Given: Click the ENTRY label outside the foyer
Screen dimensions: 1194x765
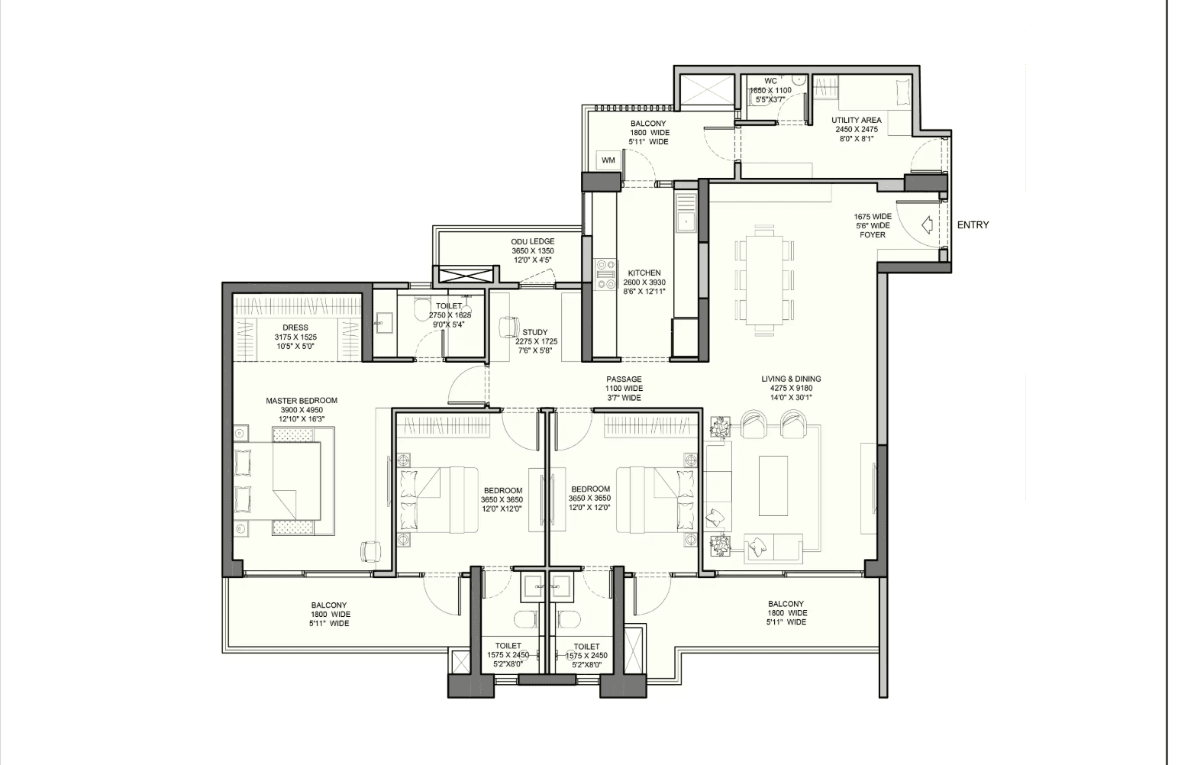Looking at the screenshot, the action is pos(973,225).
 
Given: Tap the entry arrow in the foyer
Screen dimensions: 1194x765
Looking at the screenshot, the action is pos(927,224).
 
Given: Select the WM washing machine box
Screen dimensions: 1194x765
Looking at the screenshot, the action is pos(608,160).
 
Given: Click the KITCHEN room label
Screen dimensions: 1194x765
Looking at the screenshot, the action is pos(644,273).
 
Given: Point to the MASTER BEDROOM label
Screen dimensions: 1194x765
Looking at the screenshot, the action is pos(302,401).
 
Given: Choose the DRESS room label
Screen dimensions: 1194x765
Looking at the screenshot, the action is pos(295,328).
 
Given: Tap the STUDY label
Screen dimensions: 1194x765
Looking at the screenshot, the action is pos(534,332).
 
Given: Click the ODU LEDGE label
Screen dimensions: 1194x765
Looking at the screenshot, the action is pos(533,241).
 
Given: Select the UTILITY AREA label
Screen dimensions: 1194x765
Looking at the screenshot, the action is pos(857,120).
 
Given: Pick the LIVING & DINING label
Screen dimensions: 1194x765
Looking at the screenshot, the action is pos(791,379).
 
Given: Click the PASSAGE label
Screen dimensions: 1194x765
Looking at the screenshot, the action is pos(624,379).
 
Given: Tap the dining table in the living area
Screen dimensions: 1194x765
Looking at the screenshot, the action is pos(765,280).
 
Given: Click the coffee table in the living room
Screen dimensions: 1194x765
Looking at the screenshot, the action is pos(773,485).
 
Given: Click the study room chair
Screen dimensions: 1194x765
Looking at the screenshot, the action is pos(508,327).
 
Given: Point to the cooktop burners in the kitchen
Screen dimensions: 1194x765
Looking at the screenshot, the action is pos(606,275).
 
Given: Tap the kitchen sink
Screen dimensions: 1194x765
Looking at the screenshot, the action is pos(686,220).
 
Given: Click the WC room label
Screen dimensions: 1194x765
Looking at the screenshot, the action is pos(771,82).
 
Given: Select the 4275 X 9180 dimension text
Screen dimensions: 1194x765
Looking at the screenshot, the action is pos(791,388).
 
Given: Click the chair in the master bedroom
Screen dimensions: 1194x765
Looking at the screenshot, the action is pos(371,550).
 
